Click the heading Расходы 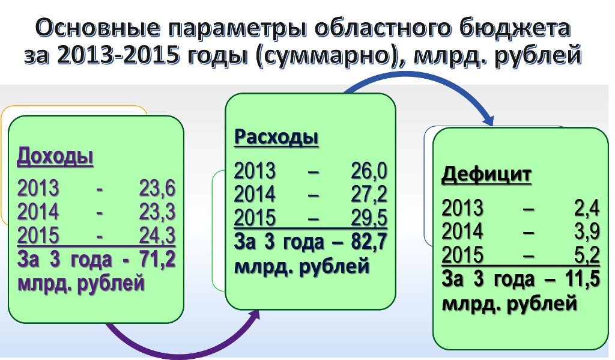(x=276, y=138)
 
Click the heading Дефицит (x=486, y=175)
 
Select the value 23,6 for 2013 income (x=157, y=189)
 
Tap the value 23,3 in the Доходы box (x=157, y=212)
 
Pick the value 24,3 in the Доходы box (x=157, y=236)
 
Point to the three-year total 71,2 (x=157, y=259)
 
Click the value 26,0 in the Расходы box (x=369, y=171)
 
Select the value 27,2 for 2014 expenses (x=369, y=194)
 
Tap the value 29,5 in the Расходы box (x=369, y=218)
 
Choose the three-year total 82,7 (x=369, y=240)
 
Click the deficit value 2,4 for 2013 (x=587, y=208)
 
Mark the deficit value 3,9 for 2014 (x=587, y=231)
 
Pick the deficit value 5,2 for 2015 (x=587, y=255)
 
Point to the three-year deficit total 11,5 (x=583, y=278)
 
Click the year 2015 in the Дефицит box (x=462, y=255)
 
